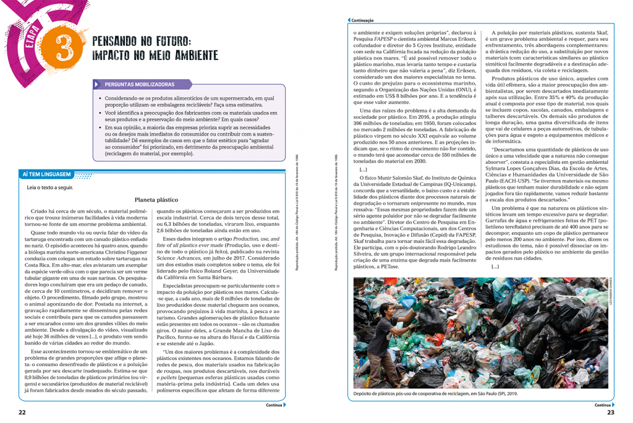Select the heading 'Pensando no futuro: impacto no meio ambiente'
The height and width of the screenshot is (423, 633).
tap(155, 48)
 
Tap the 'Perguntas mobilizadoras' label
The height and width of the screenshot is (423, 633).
tap(139, 84)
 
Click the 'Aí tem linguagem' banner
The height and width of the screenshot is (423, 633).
tap(46, 174)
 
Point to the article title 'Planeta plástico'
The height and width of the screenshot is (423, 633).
tap(156, 200)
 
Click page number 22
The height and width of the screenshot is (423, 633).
tap(22, 412)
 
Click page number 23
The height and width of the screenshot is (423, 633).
tap(611, 412)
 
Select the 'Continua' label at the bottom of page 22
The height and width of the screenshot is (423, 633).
tap(274, 406)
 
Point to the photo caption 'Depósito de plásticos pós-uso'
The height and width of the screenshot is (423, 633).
tap(436, 393)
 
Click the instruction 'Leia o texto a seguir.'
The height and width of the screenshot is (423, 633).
tap(50, 187)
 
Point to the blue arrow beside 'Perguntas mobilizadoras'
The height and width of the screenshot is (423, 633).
tap(97, 84)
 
